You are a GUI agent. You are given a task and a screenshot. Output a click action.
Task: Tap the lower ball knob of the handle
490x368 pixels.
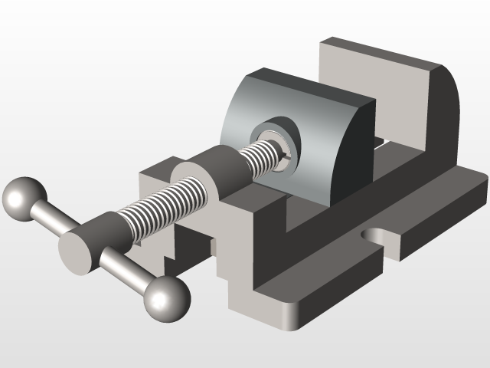[168, 298]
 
